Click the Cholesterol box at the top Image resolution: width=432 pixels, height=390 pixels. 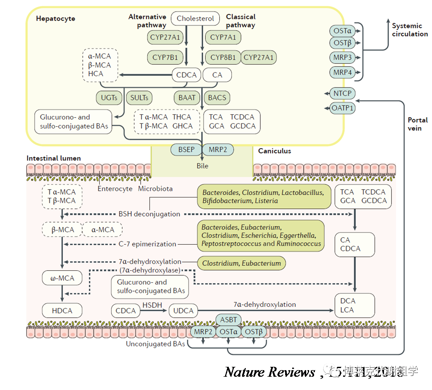tap(195, 18)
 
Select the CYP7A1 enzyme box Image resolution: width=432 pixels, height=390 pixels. tap(223, 37)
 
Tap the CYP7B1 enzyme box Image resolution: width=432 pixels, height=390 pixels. tap(165, 58)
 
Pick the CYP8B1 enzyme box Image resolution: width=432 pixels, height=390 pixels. tap(223, 58)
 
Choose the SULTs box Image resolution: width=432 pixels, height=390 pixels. tap(139, 98)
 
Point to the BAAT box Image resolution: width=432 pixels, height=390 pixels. tap(187, 98)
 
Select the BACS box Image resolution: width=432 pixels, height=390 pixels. tap(217, 98)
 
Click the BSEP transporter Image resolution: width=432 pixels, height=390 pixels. tap(186, 149)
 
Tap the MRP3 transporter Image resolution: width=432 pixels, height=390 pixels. tap(343, 58)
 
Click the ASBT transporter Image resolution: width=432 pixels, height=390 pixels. tap(228, 320)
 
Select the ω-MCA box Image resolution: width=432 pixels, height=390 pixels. tap(62, 278)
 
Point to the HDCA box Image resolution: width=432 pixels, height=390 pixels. tap(62, 310)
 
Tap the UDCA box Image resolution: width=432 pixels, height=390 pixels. tap(183, 311)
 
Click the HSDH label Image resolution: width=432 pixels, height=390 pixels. tap(152, 305)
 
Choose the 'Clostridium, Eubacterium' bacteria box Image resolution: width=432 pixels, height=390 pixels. tap(241, 263)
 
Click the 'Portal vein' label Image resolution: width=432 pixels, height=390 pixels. tap(417, 124)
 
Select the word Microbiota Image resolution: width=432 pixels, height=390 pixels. tap(155, 189)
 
